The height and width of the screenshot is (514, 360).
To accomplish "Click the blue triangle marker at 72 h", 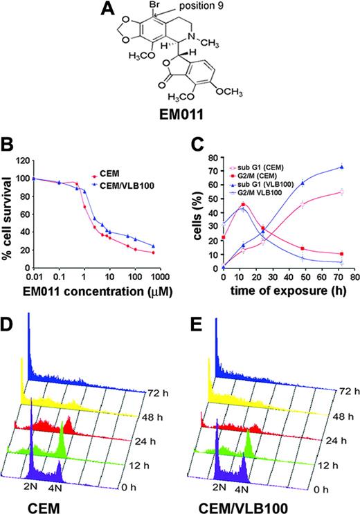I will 340,167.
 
